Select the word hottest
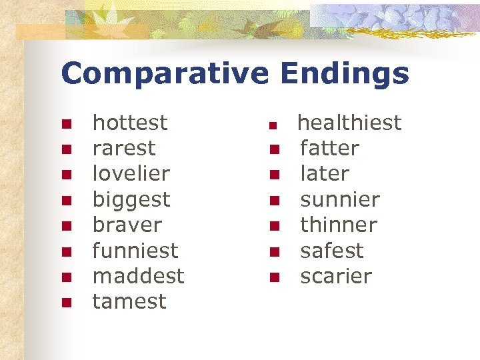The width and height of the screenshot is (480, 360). click(x=130, y=123)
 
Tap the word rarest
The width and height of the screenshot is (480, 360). click(x=123, y=148)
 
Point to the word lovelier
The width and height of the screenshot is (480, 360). click(x=131, y=173)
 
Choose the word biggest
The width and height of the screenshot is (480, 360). click(x=131, y=199)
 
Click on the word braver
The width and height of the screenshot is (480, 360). click(x=127, y=225)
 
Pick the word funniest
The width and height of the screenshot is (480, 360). click(x=135, y=251)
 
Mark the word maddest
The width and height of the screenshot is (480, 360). click(x=138, y=276)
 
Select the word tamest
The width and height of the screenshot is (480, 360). click(x=129, y=301)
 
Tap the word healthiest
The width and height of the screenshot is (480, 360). click(x=349, y=123)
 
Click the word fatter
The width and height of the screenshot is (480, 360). click(x=329, y=148)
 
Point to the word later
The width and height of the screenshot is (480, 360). click(x=325, y=173)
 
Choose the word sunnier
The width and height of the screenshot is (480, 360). click(x=340, y=199)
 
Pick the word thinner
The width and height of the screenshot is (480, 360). click(x=339, y=225)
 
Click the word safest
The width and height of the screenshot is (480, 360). click(x=332, y=251)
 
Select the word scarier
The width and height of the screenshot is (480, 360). click(x=336, y=276)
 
